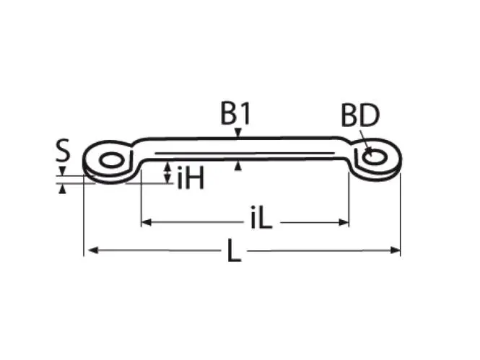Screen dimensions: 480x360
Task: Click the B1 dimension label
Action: point(235,114)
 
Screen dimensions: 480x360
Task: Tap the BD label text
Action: point(360,115)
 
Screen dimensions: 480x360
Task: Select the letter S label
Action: point(63,150)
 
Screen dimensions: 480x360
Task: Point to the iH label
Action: point(191,179)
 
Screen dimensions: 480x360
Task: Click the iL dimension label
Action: point(261,218)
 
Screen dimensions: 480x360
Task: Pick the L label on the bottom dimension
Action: point(234,250)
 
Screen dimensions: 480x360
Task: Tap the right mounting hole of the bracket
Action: point(375,157)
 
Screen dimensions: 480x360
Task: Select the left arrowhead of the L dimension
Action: point(93,250)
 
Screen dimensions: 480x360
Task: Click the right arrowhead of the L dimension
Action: point(396,250)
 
